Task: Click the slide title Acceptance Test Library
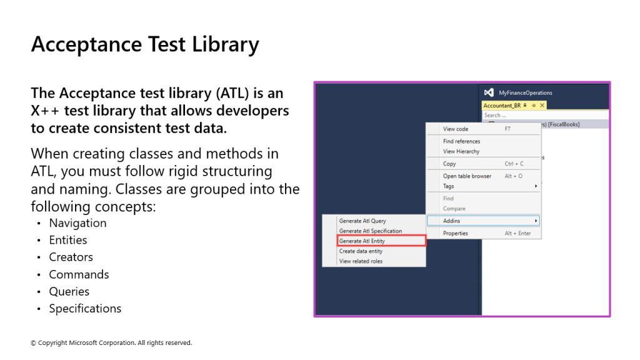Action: coord(145,44)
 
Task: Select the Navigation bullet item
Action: coord(77,223)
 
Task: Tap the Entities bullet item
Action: coord(67,240)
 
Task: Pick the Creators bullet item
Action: coord(71,257)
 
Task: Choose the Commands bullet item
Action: coord(79,274)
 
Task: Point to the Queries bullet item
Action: coord(69,291)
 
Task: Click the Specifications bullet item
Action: coord(85,309)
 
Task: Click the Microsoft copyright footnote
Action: coord(111,343)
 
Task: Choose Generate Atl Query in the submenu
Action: coord(362,221)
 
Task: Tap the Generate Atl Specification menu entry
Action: coord(370,231)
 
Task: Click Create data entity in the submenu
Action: coord(361,251)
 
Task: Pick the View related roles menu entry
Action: coord(361,261)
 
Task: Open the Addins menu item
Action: coord(451,221)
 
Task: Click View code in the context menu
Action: coord(456,129)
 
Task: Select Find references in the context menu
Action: coord(462,141)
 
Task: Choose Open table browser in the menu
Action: coord(467,176)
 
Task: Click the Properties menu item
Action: coord(456,234)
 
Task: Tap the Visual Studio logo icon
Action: coord(489,92)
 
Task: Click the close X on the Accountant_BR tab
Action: coord(542,105)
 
